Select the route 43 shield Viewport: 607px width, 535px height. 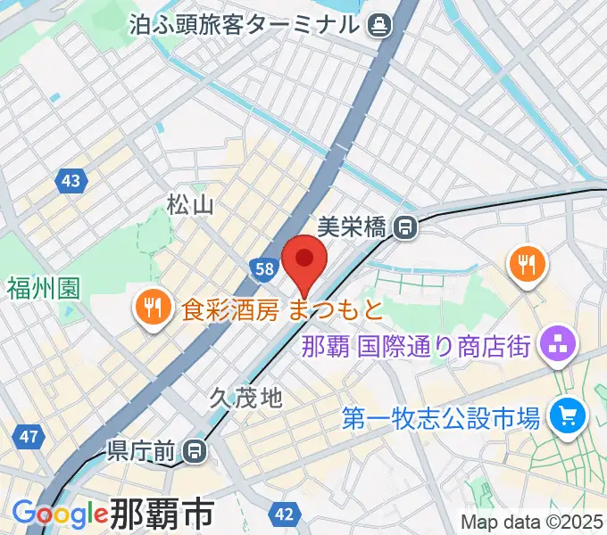tap(71, 182)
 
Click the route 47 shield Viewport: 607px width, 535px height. tap(29, 437)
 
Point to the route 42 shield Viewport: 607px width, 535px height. tap(285, 514)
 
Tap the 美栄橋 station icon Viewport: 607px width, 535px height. tap(406, 228)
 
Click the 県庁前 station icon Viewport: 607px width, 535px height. tap(192, 452)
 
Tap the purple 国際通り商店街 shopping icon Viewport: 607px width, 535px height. tap(558, 344)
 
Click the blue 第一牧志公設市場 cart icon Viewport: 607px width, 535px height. tap(566, 415)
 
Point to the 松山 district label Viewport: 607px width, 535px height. tap(191, 206)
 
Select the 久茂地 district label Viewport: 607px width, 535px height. tap(246, 398)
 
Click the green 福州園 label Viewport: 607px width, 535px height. tap(44, 288)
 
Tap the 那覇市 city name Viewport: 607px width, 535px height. tap(162, 514)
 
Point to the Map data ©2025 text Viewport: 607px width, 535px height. tap(532, 522)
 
